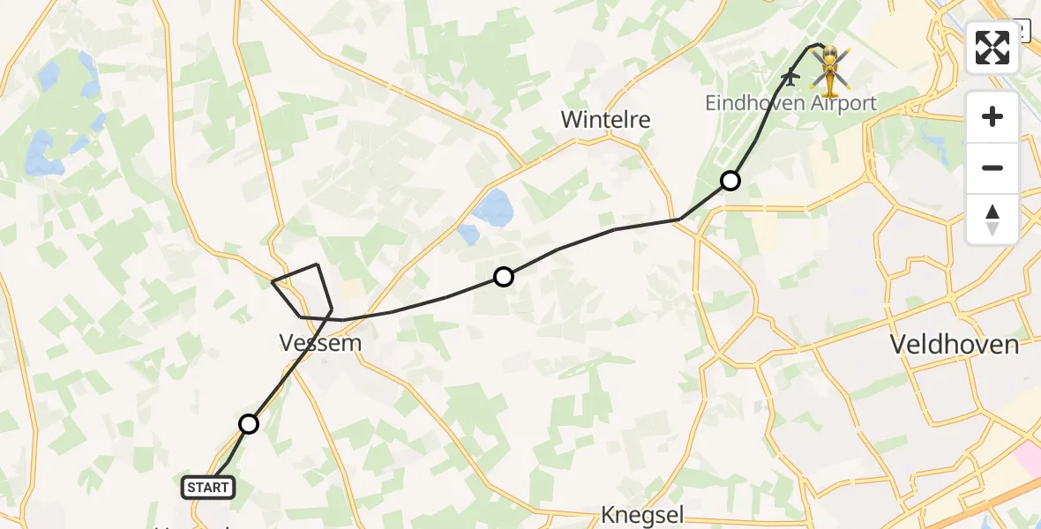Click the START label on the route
[208, 487]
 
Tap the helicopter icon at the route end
[829, 71]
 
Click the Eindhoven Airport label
[790, 104]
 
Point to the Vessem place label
[319, 343]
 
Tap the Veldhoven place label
[954, 344]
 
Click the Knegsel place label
[643, 516]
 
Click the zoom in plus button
[992, 116]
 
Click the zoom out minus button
[992, 168]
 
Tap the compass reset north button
[992, 219]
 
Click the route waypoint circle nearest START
[249, 424]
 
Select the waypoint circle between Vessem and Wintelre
[503, 277]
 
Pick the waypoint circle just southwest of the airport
[730, 181]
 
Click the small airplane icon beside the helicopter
[790, 78]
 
